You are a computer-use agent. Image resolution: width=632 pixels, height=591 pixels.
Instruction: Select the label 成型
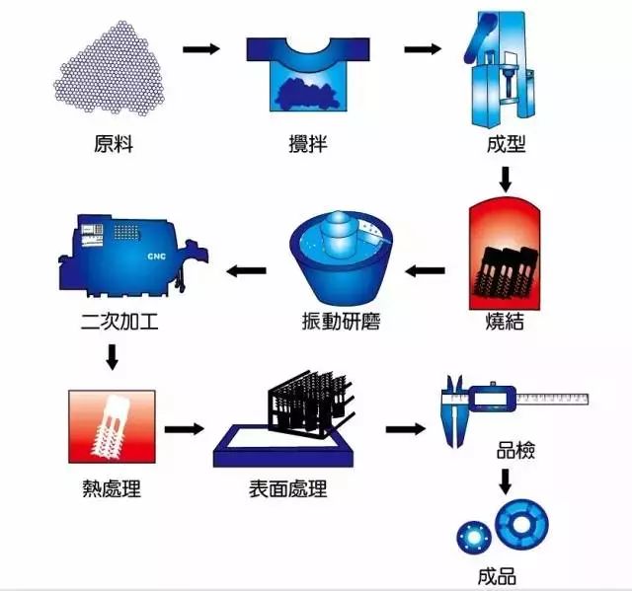tap(506, 144)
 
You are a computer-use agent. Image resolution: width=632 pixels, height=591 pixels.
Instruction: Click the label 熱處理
tap(112, 488)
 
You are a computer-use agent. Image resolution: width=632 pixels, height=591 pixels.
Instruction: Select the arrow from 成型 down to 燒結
tap(506, 179)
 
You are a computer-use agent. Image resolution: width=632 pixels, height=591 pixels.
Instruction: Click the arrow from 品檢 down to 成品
tap(506, 482)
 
